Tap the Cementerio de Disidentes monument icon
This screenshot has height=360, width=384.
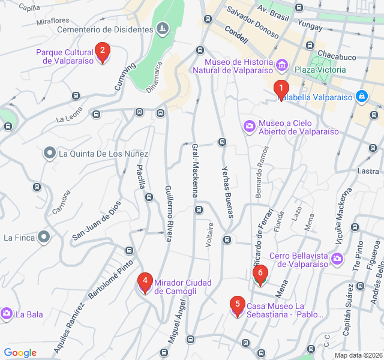click(x=162, y=29)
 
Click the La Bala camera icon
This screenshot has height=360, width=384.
click(x=7, y=314)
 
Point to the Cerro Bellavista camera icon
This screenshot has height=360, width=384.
click(x=337, y=259)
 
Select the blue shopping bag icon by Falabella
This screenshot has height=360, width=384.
click(x=361, y=96)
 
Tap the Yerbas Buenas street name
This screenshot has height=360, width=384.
click(x=227, y=191)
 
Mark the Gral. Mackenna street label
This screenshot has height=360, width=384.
click(x=195, y=170)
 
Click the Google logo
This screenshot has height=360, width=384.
click(x=20, y=353)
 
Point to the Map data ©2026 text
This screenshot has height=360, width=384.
click(x=357, y=355)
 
